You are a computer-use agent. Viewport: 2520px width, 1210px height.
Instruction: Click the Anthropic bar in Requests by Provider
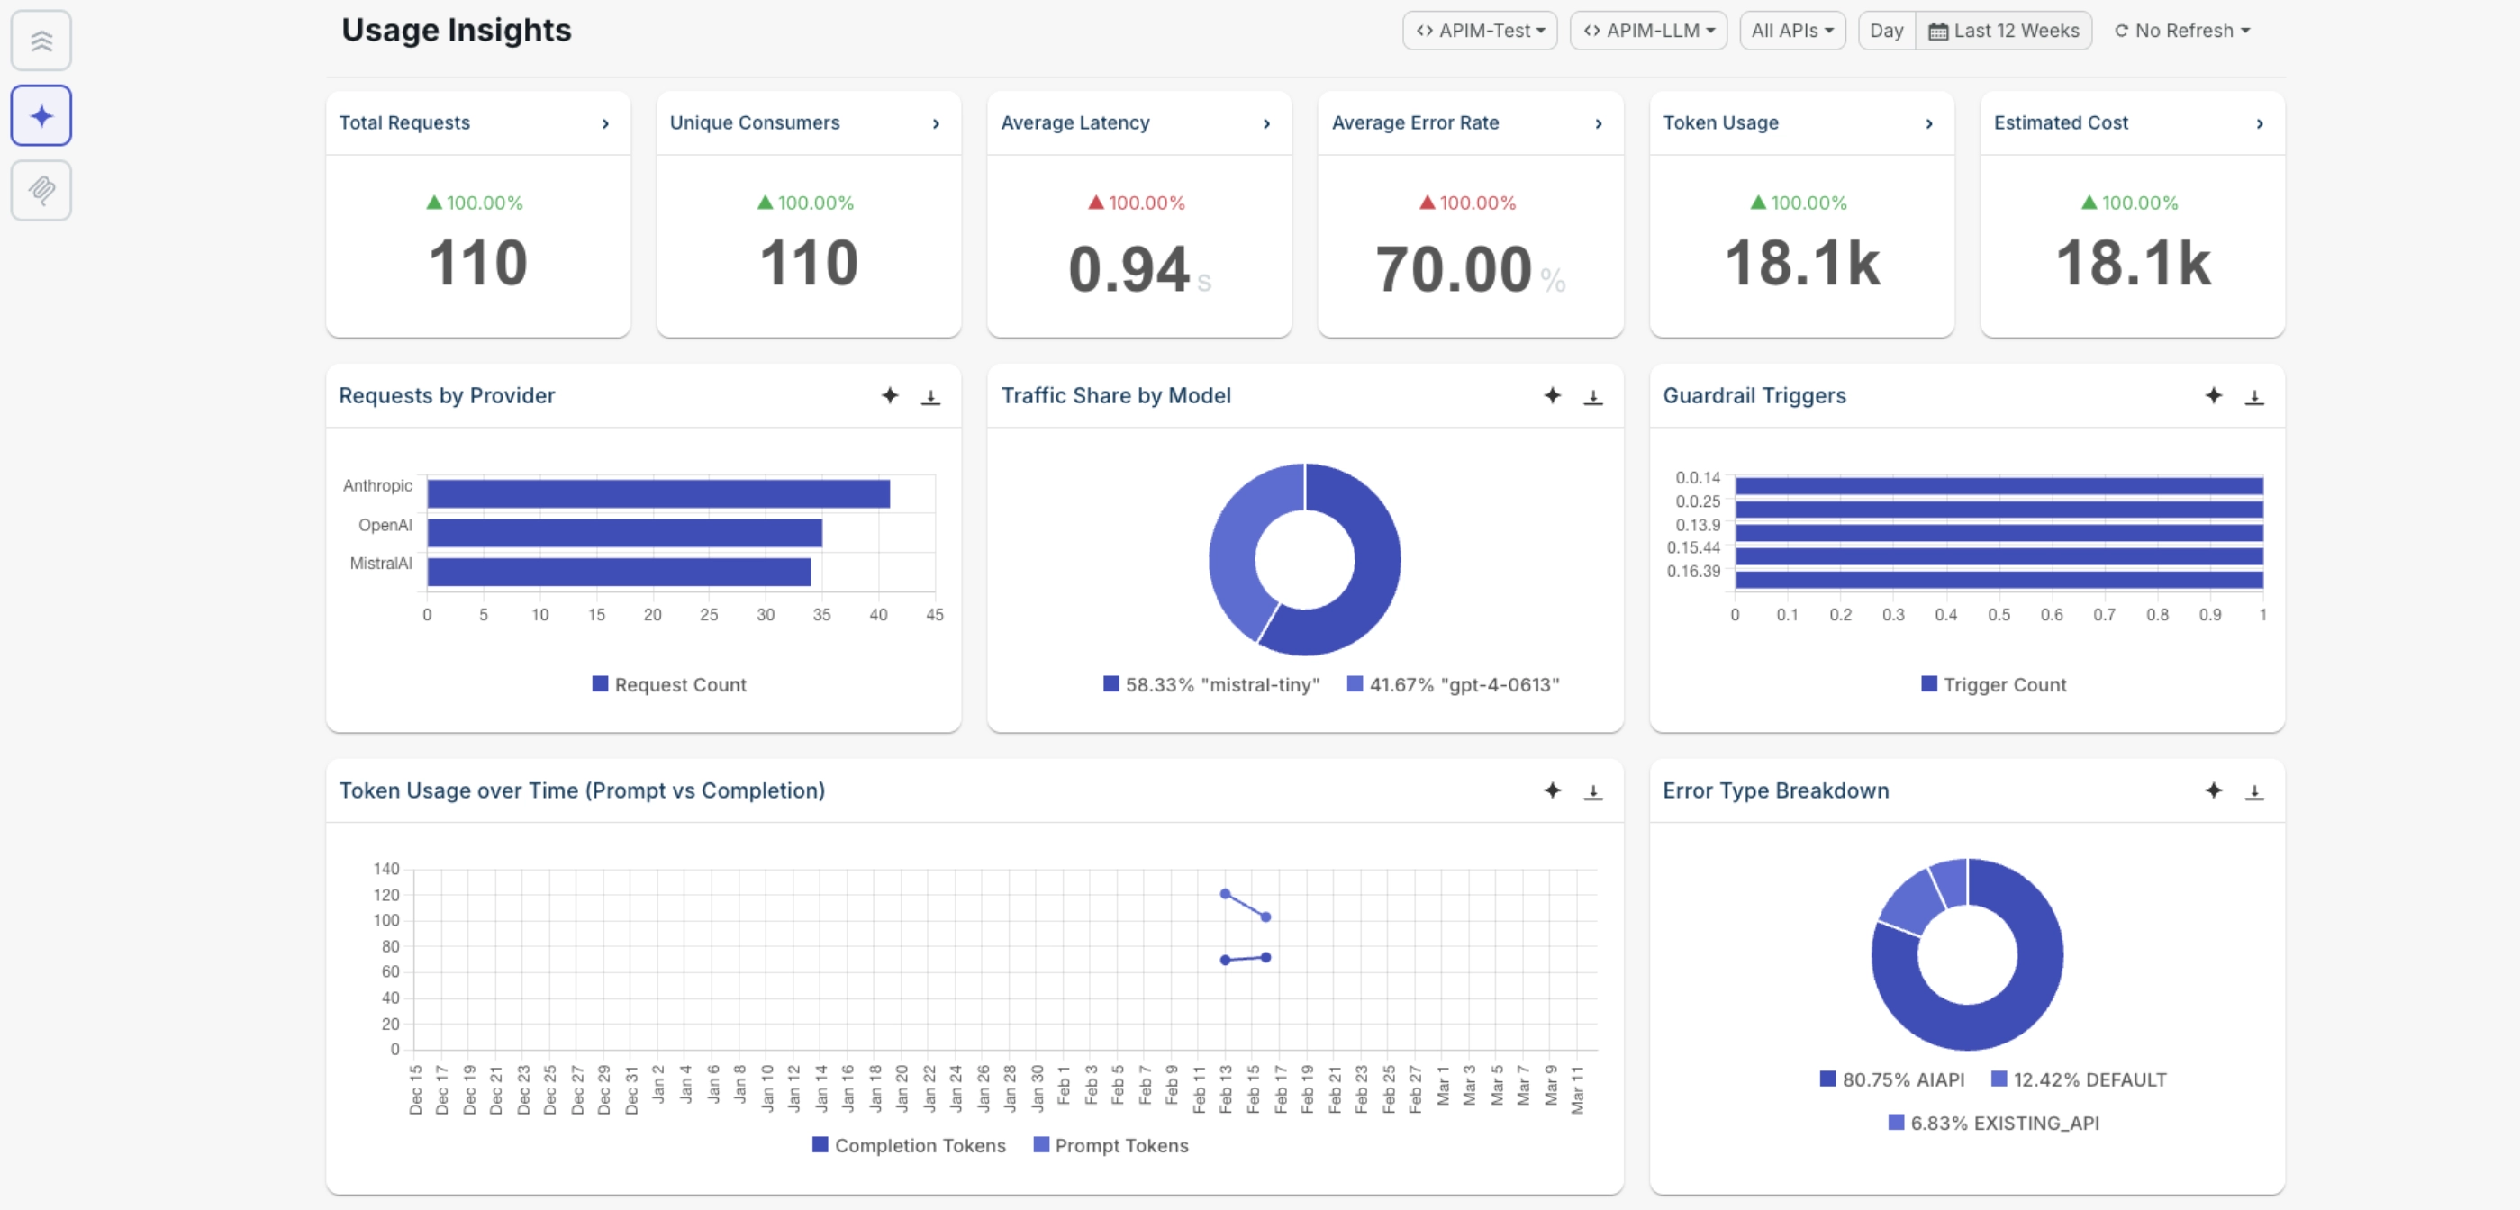(657, 493)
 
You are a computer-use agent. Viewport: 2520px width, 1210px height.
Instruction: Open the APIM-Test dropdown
(1478, 31)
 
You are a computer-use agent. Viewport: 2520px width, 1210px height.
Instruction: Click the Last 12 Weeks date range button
(2002, 31)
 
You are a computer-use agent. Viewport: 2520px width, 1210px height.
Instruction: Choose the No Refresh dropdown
(2181, 31)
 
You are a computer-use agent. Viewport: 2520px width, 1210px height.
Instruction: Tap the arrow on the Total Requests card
(605, 123)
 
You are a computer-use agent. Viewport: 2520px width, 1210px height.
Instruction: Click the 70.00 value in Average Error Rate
(1453, 269)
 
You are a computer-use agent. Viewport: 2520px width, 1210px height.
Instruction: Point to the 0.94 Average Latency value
(1128, 269)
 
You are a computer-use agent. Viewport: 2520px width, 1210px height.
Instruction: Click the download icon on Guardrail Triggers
(2254, 396)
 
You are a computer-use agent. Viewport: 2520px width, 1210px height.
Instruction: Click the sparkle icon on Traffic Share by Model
(1552, 395)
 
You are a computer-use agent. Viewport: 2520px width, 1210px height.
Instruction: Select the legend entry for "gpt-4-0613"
(1453, 685)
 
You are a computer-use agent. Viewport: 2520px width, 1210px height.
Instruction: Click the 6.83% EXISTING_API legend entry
(1993, 1123)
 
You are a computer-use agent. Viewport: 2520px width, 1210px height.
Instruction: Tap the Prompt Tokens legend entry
(1110, 1145)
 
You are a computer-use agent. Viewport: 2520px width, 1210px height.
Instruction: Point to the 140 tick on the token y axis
(386, 869)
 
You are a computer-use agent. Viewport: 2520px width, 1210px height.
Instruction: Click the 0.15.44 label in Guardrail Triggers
(1692, 547)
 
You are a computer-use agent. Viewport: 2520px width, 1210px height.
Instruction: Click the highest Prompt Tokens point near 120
(1225, 893)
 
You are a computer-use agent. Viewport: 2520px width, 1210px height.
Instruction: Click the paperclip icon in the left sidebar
(41, 190)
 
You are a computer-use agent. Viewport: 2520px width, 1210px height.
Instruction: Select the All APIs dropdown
(1791, 31)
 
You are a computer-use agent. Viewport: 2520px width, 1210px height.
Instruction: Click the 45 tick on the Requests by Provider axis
(934, 614)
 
